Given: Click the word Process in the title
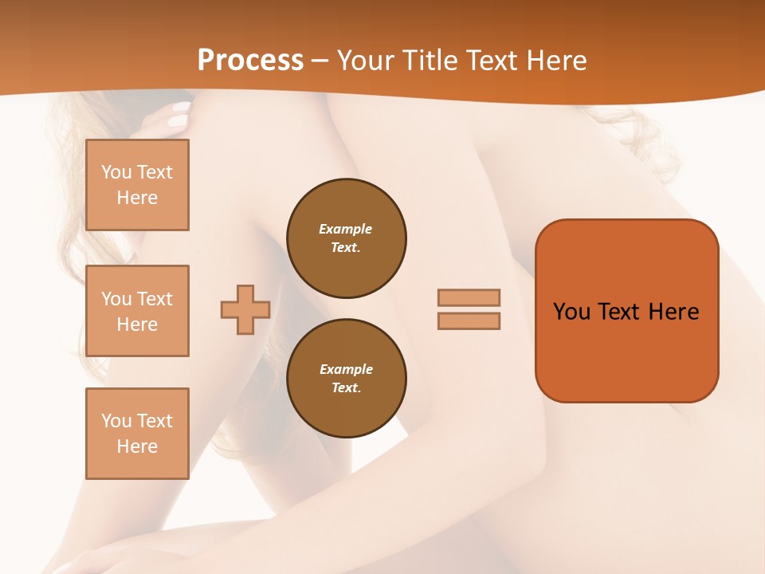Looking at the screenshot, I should point(250,61).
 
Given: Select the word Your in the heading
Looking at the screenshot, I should point(367,61).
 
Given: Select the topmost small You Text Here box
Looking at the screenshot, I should point(137,185).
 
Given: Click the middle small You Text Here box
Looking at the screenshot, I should point(137,311).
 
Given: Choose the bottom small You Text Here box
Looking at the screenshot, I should point(137,434).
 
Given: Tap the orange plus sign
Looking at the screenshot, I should point(245,309).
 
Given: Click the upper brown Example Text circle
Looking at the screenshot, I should point(347,238).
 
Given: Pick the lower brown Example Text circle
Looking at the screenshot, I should point(347,379).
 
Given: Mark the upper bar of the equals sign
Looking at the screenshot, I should point(469,297).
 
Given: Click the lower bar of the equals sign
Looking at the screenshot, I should point(469,320).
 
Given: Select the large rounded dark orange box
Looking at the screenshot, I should point(626,310).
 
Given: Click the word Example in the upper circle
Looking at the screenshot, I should point(346,229).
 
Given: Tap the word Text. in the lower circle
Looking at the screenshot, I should point(346,387).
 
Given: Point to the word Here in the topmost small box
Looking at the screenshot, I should point(137,198).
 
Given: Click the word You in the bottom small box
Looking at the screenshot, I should point(116,421).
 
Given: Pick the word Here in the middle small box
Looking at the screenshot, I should point(137,324).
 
